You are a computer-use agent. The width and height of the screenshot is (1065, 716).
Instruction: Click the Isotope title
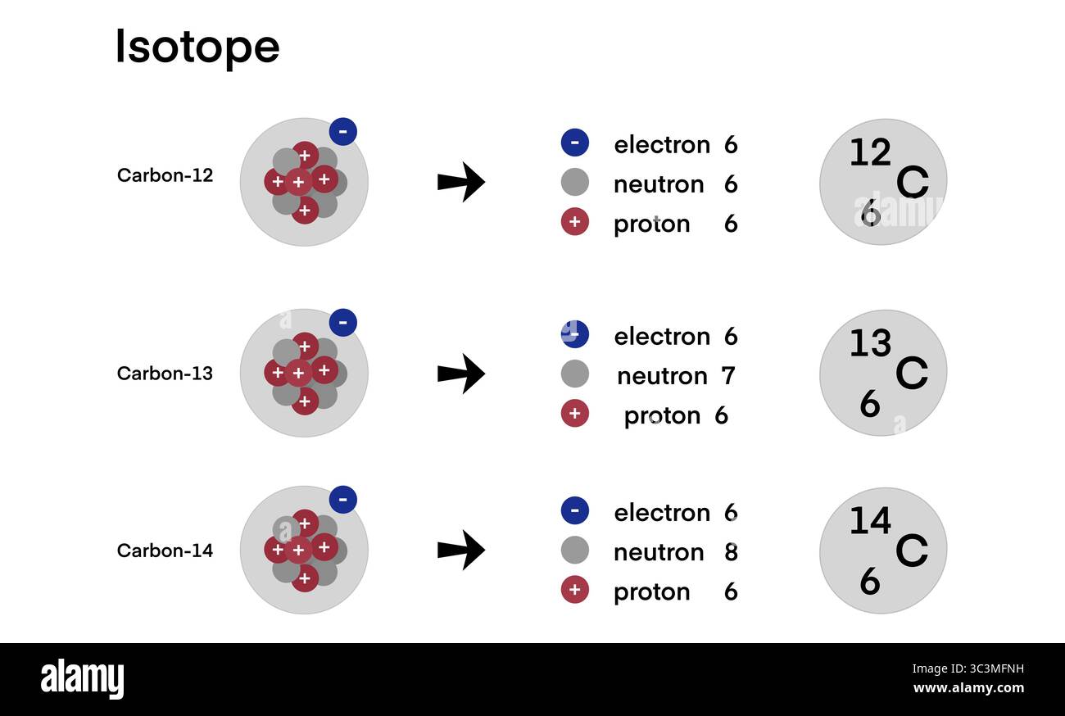[x=197, y=47]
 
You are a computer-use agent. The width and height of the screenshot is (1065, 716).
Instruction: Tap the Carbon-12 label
[x=165, y=175]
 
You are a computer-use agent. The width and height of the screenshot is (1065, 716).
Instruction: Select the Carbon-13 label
[x=165, y=374]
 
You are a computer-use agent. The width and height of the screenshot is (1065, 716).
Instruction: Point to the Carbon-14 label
[x=165, y=551]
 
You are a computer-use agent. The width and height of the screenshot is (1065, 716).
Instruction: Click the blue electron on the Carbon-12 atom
[x=342, y=131]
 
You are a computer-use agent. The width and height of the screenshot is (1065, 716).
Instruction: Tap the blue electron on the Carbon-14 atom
[x=342, y=499]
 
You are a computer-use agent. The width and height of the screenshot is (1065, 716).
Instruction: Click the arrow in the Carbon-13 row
[x=461, y=374]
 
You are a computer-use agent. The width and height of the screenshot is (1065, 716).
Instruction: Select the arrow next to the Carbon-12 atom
[x=461, y=182]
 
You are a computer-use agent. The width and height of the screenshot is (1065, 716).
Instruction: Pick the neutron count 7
[x=727, y=376]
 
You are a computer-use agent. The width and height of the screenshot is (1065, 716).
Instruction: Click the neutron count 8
[x=731, y=552]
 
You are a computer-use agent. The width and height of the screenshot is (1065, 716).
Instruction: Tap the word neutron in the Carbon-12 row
[x=659, y=184]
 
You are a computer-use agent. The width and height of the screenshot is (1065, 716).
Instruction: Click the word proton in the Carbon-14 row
[x=651, y=591]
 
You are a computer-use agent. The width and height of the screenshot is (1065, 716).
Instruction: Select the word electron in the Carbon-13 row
[x=662, y=337]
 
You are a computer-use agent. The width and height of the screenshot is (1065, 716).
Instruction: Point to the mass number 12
[x=870, y=153]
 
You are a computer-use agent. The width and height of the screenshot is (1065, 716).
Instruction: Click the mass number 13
[x=870, y=344]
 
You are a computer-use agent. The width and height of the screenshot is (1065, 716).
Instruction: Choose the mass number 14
[x=870, y=521]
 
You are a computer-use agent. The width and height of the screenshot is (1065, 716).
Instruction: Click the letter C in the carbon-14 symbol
[x=911, y=551]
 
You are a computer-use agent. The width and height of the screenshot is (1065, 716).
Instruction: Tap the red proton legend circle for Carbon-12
[x=574, y=222]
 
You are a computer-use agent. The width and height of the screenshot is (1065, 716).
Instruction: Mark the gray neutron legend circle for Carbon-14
[x=574, y=551]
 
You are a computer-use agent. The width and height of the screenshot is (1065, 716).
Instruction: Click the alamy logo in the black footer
[x=82, y=680]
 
